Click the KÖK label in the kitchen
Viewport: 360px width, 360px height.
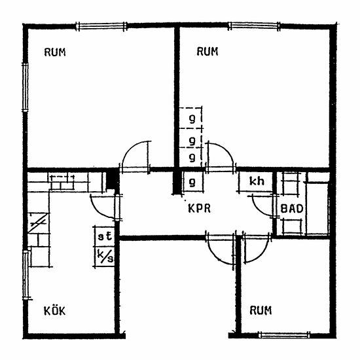coord(54,311)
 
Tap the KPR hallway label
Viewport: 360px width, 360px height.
coord(199,208)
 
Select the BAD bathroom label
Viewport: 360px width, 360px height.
coord(292,209)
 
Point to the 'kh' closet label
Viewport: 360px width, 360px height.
coord(257,181)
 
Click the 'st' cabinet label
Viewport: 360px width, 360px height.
coord(105,236)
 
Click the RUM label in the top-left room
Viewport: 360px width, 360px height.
coord(55,52)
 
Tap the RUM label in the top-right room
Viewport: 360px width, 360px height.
coord(207,51)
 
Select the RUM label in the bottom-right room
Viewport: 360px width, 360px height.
coord(261,310)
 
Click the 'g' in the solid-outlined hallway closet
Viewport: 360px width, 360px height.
coord(192,183)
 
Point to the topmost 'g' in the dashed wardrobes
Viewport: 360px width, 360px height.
coord(192,119)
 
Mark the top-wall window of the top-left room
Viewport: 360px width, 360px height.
coord(101,26)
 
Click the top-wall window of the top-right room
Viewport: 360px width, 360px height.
coord(254,26)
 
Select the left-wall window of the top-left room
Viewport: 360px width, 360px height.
coord(25,88)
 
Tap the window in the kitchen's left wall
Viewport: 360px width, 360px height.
coord(26,275)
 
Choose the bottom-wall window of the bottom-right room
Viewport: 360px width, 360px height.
coord(284,335)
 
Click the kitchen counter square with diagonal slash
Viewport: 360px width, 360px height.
coord(38,223)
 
